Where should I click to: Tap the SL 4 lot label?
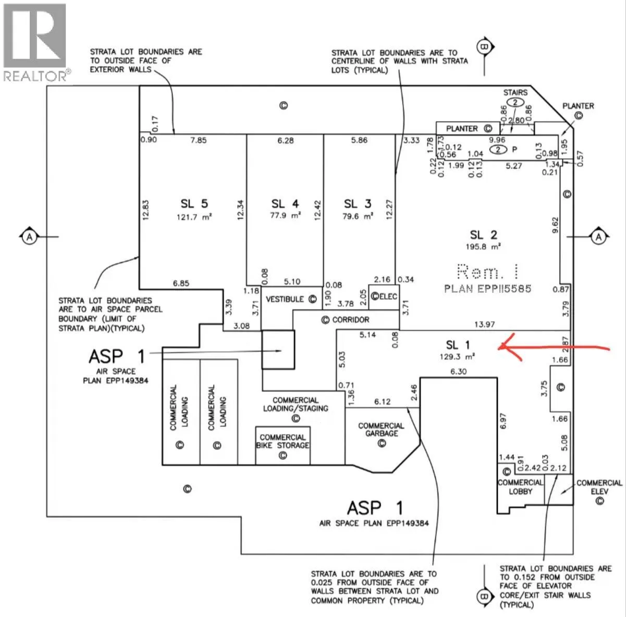(285, 204)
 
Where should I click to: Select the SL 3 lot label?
(358, 204)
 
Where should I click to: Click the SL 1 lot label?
(458, 345)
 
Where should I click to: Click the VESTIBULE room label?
(285, 299)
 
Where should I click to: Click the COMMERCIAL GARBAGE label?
(381, 430)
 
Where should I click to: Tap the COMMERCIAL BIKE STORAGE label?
(283, 441)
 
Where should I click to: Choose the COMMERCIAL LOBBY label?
(520, 487)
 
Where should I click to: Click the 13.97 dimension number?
(484, 325)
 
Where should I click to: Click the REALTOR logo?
(35, 42)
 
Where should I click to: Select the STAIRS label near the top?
(515, 92)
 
